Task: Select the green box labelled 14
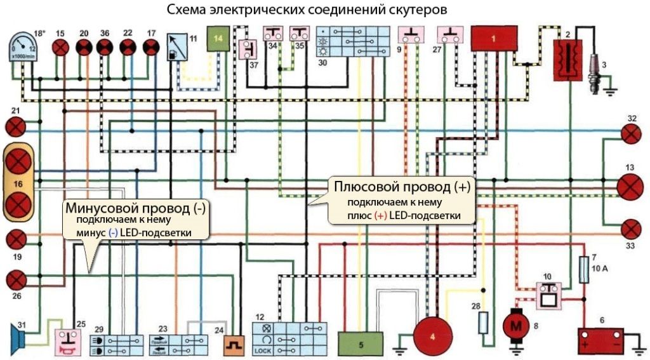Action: tap(219, 39)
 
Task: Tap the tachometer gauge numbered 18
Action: tap(24, 47)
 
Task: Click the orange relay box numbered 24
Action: tap(233, 343)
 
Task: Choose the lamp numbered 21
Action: tap(15, 127)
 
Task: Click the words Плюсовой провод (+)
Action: tap(402, 187)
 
